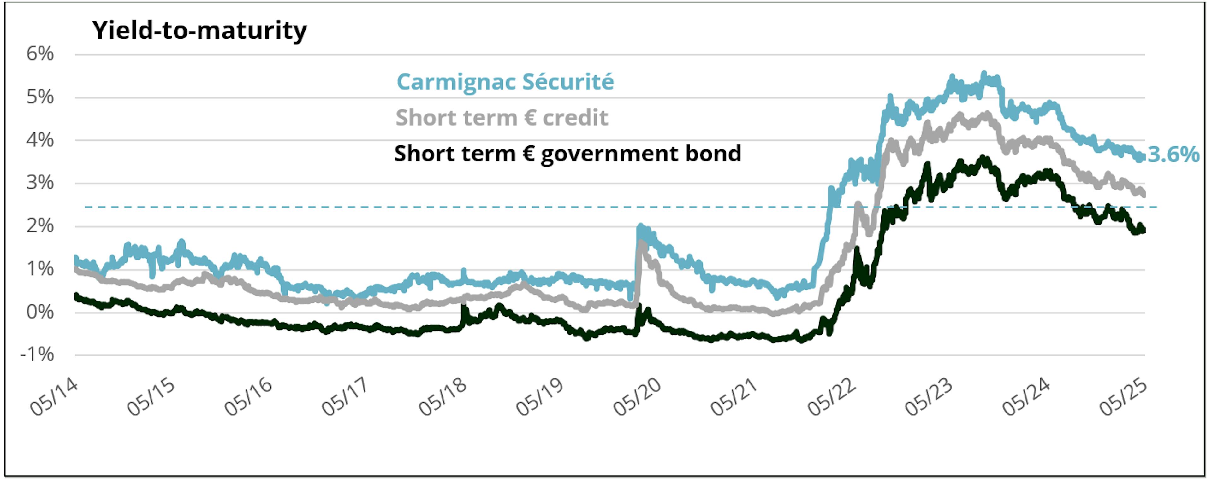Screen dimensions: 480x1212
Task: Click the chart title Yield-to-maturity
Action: point(199,31)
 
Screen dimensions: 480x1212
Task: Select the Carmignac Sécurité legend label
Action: point(505,82)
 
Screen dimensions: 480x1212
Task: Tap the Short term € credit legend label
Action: point(502,118)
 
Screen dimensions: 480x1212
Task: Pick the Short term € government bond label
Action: point(567,154)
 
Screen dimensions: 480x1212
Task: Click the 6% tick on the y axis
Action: point(40,54)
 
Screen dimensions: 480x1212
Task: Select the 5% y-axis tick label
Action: point(40,97)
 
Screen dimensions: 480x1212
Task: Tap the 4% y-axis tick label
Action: point(40,140)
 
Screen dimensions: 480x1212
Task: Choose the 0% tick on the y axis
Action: point(40,312)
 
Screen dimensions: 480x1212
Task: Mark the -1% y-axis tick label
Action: point(37,355)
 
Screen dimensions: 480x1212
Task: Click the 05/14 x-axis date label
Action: point(54,397)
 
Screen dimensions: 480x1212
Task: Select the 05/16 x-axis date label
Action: point(248,397)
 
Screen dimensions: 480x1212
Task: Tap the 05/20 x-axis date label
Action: point(637,397)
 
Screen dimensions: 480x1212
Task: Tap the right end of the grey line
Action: point(1144,194)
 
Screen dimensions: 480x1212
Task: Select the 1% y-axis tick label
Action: point(40,269)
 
